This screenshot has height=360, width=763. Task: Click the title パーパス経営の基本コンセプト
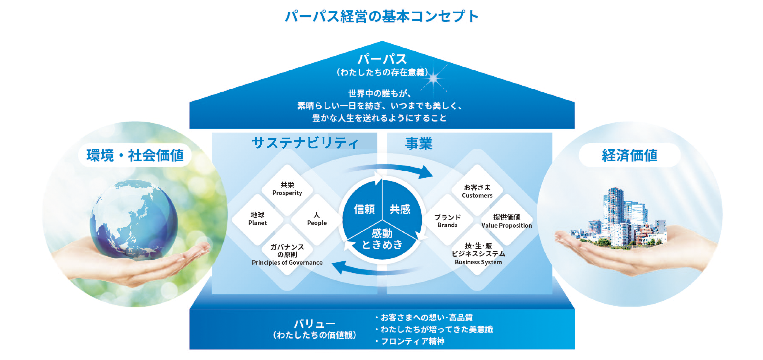click(381, 16)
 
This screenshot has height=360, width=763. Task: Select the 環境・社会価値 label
click(135, 155)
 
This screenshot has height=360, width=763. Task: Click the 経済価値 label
click(629, 155)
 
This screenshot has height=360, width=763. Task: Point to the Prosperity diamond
click(287, 189)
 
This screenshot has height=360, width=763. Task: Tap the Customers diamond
click(477, 191)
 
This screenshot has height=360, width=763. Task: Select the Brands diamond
click(447, 221)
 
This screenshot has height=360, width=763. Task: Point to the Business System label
click(478, 262)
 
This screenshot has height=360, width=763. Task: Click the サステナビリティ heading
click(305, 143)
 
